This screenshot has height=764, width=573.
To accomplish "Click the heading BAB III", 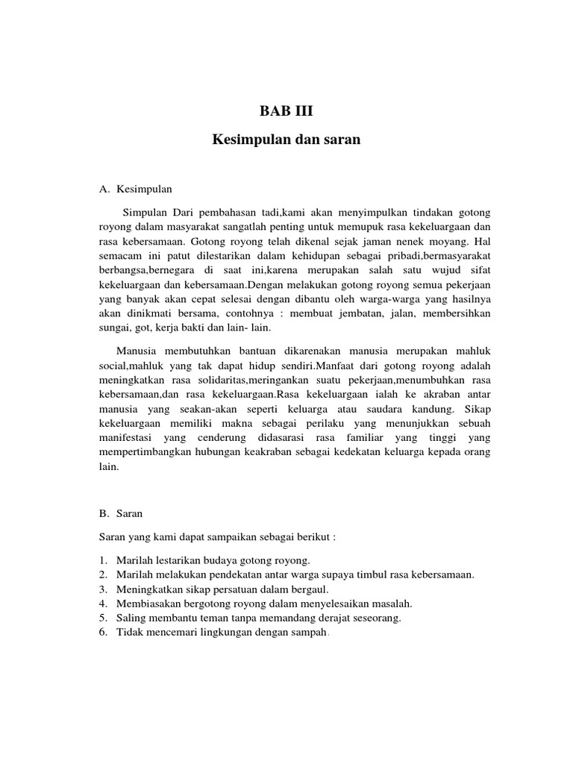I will click(286, 113).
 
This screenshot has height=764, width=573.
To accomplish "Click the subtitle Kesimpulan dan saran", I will click(286, 140).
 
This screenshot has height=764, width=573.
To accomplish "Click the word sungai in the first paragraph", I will click(114, 328).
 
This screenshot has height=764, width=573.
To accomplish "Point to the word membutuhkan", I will click(192, 351).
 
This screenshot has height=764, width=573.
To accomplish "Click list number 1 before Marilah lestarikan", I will click(102, 560).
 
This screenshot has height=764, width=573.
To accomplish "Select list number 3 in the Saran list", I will click(102, 589).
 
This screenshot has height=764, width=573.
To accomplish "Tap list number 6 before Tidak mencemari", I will click(102, 633).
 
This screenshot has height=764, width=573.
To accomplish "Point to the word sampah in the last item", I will click(310, 633).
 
